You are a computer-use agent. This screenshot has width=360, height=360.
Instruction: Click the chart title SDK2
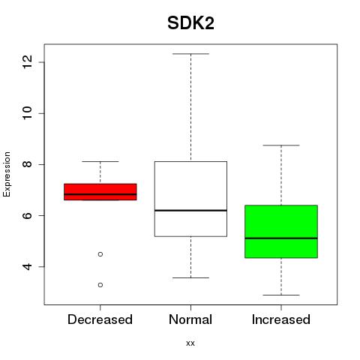point(190,23)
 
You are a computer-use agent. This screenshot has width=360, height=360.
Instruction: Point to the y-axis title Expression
point(7,174)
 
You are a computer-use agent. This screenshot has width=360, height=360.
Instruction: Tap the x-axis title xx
point(190,343)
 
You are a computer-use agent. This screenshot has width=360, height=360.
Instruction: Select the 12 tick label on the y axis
point(27,61)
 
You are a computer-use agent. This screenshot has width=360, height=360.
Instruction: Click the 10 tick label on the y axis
point(27,113)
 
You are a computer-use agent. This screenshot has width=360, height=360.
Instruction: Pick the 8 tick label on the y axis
point(27,164)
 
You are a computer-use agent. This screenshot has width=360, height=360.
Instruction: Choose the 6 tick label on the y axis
point(27,215)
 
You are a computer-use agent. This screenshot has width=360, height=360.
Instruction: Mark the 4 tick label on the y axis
point(27,266)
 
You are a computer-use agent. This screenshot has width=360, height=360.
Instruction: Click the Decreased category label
point(100,319)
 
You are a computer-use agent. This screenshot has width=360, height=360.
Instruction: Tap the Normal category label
point(190,319)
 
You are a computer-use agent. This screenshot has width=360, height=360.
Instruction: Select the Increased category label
point(281,319)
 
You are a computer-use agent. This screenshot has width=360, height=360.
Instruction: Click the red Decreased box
point(100,192)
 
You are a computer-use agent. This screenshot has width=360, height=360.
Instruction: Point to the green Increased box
point(281,231)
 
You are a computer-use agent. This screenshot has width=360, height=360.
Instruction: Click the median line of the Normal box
point(190,211)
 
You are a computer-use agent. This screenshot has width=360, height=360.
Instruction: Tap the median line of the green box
point(281,238)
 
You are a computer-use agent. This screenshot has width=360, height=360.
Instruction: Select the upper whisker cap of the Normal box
point(190,54)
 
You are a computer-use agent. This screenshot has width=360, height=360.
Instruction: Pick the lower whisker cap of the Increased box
point(281,295)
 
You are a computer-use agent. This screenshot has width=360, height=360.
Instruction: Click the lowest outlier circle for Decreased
point(100,285)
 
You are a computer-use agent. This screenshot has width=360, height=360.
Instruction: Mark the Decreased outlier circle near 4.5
point(100,254)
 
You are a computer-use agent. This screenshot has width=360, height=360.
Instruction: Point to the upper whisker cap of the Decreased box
point(100,161)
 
